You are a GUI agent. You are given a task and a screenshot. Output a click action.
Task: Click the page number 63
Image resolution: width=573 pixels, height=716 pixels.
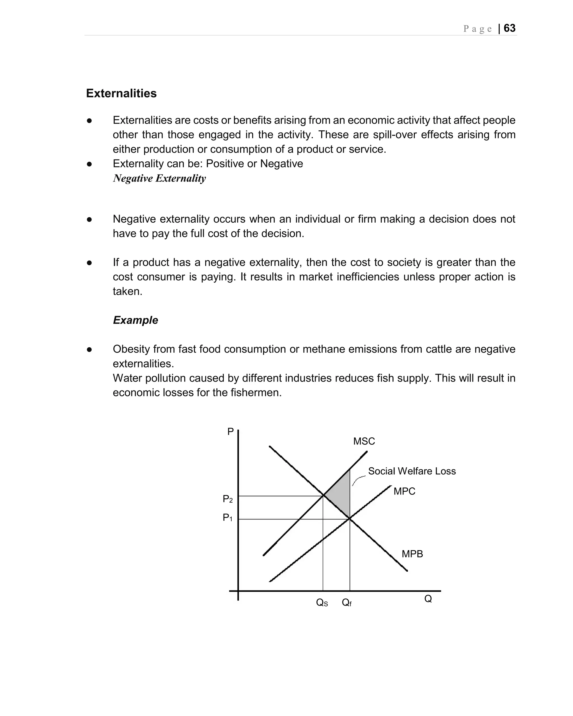(509, 28)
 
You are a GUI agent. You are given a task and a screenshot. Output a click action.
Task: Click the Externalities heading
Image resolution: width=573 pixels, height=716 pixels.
(121, 93)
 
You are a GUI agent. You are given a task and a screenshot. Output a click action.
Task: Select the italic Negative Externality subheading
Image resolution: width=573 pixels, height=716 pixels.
(159, 178)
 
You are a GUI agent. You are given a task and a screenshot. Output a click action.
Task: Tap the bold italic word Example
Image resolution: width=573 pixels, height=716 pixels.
(135, 320)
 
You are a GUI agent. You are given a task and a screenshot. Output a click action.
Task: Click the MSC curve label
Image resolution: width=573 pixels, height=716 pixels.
(364, 441)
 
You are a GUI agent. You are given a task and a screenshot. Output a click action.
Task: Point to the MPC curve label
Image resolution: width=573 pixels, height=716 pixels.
(404, 491)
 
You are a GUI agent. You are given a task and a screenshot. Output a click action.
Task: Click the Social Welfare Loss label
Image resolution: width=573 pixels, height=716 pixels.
(412, 471)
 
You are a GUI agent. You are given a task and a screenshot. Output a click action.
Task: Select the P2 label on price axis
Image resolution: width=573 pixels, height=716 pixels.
(227, 499)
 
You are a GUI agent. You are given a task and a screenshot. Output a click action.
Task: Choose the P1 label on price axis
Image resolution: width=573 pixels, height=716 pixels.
(227, 517)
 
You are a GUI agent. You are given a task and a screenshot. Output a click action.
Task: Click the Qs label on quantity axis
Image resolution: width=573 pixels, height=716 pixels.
(322, 603)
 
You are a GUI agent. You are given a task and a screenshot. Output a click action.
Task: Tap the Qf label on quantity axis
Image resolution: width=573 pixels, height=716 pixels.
(346, 603)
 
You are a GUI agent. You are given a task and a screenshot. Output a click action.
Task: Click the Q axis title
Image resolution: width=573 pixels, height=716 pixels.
(428, 599)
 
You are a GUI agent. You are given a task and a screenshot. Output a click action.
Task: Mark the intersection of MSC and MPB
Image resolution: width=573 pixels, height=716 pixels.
(323, 496)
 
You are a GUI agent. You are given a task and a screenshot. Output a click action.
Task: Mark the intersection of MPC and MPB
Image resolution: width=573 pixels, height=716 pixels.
(350, 519)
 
